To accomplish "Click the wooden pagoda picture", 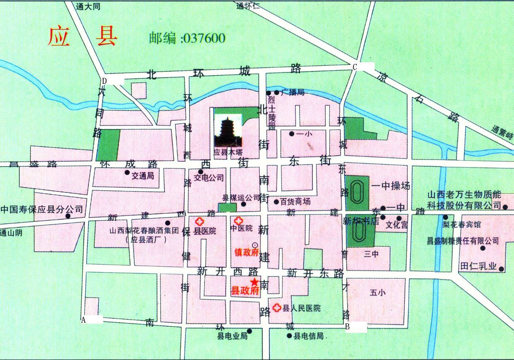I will click(x=227, y=131).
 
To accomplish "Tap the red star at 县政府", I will click(x=255, y=282).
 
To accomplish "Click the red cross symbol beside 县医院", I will click(x=199, y=221).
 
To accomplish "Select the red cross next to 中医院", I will click(x=238, y=221).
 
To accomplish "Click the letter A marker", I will click(x=83, y=320).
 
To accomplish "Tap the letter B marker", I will click(x=348, y=327).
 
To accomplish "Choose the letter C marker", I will click(x=354, y=67).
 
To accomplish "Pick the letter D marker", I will click(x=104, y=80).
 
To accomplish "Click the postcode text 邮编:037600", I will click(x=187, y=38).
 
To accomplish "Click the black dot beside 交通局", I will click(x=127, y=172).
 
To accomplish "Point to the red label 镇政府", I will click(x=247, y=252).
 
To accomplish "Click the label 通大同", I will click(x=88, y=6).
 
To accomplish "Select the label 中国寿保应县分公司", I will click(x=42, y=210).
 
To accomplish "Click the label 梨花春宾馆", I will click(x=462, y=224).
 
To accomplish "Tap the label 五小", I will click(x=378, y=293).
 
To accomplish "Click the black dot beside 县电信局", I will click(x=289, y=335).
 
